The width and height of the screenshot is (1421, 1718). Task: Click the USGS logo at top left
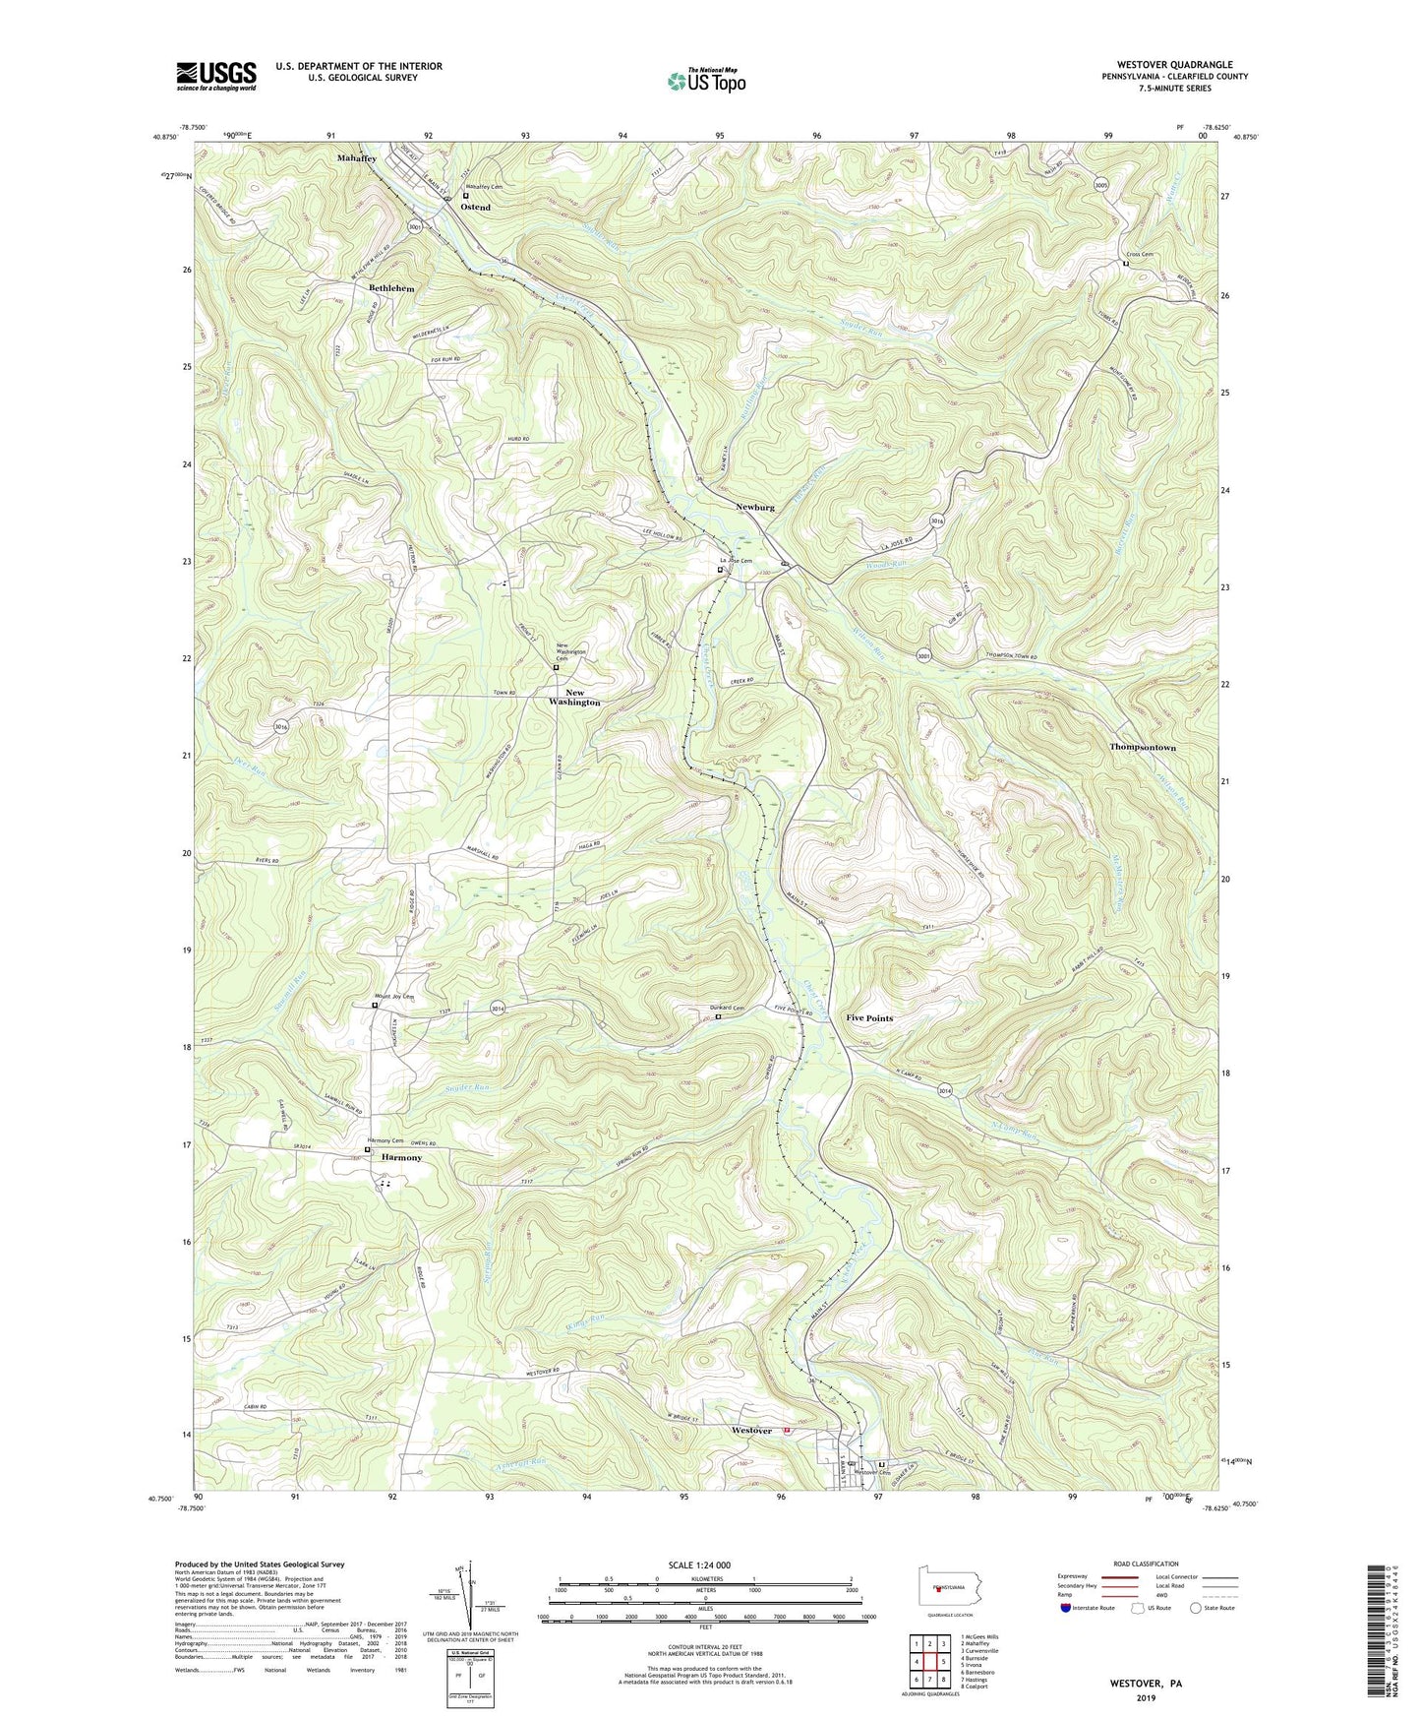pos(215,76)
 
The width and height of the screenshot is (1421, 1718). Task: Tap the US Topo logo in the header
pos(705,81)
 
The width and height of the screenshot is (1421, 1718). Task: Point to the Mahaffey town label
pos(356,158)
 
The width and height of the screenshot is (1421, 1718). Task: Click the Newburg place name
pos(755,508)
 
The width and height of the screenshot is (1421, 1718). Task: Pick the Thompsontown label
pos(1142,748)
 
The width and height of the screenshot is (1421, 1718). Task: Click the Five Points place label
pos(869,1018)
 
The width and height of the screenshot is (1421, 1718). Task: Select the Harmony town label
pos(401,1158)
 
